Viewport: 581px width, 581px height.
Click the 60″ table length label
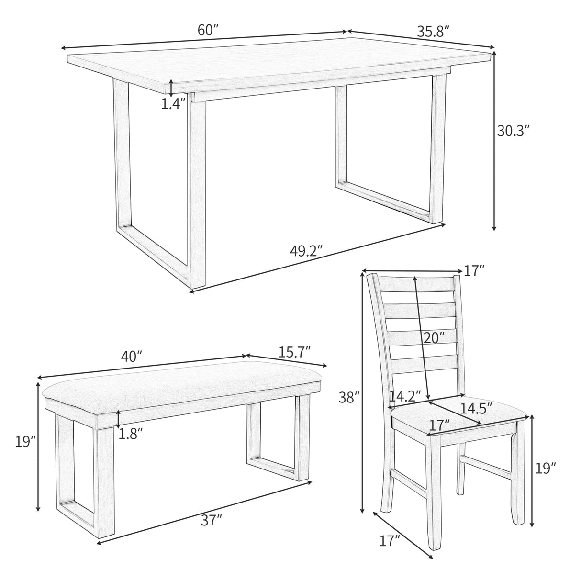(208, 30)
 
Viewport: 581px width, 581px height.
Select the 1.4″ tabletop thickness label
(173, 104)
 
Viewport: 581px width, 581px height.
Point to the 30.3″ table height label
(514, 131)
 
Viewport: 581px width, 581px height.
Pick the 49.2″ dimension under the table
(306, 251)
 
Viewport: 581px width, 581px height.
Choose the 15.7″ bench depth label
(295, 352)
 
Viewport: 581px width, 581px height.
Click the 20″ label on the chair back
(434, 338)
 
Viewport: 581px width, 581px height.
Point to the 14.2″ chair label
(404, 396)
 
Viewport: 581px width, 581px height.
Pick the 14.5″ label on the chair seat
(476, 408)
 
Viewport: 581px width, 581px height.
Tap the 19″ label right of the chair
(546, 468)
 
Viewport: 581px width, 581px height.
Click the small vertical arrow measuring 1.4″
(171, 88)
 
